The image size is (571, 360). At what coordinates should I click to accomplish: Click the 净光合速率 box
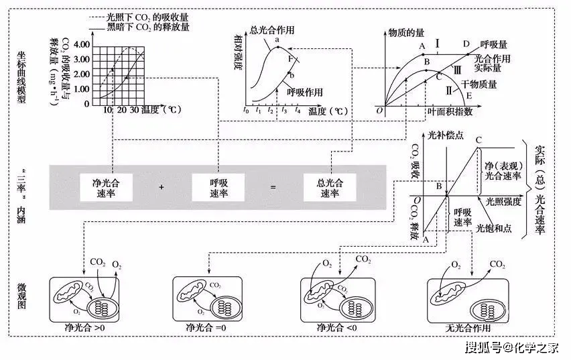[x=106, y=187]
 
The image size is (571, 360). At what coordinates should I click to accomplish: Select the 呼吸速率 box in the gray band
[x=218, y=187]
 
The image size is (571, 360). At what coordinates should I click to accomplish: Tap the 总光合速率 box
[x=329, y=187]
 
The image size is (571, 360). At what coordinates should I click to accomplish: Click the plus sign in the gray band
[x=162, y=188]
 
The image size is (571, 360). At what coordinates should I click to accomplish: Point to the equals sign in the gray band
[x=273, y=188]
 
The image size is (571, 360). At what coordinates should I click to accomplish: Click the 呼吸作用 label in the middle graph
[x=305, y=92]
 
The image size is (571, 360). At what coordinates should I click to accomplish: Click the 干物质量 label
[x=477, y=84]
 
